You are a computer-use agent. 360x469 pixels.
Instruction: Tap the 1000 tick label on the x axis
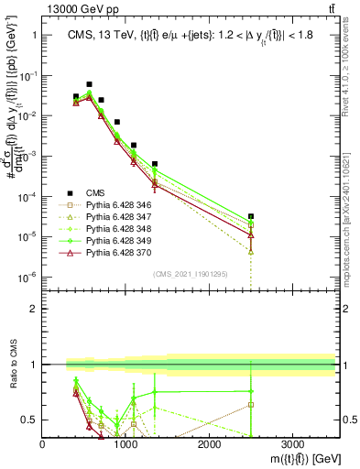[125, 442]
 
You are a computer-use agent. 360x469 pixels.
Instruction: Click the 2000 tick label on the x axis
[209, 442]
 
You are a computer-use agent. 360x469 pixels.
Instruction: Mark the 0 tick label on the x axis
[43, 442]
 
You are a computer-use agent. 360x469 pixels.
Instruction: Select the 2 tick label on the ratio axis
[33, 309]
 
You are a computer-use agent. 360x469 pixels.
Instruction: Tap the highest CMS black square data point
[89, 84]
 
